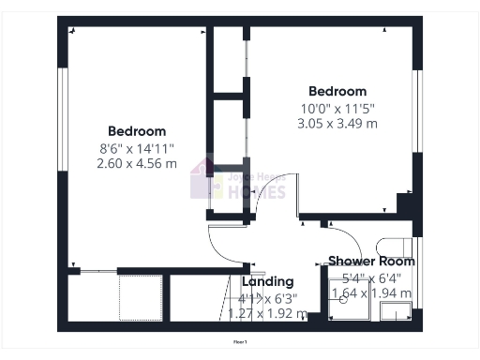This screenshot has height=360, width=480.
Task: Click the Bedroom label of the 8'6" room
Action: click(137, 131)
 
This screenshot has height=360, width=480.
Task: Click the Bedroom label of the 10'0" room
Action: click(337, 91)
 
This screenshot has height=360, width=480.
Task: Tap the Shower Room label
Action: click(371, 261)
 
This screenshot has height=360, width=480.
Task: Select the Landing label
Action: click(268, 281)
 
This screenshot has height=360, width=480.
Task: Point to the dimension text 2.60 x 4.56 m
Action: click(137, 163)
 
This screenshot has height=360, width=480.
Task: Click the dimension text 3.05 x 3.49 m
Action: click(337, 123)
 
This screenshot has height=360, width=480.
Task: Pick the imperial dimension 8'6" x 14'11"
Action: click(137, 147)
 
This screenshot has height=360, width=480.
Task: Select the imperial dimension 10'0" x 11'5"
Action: click(337, 107)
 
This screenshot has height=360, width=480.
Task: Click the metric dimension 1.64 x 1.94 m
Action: click(371, 293)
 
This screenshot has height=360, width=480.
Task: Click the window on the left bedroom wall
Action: click(64, 131)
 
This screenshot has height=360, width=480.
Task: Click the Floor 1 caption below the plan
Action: click(240, 342)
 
